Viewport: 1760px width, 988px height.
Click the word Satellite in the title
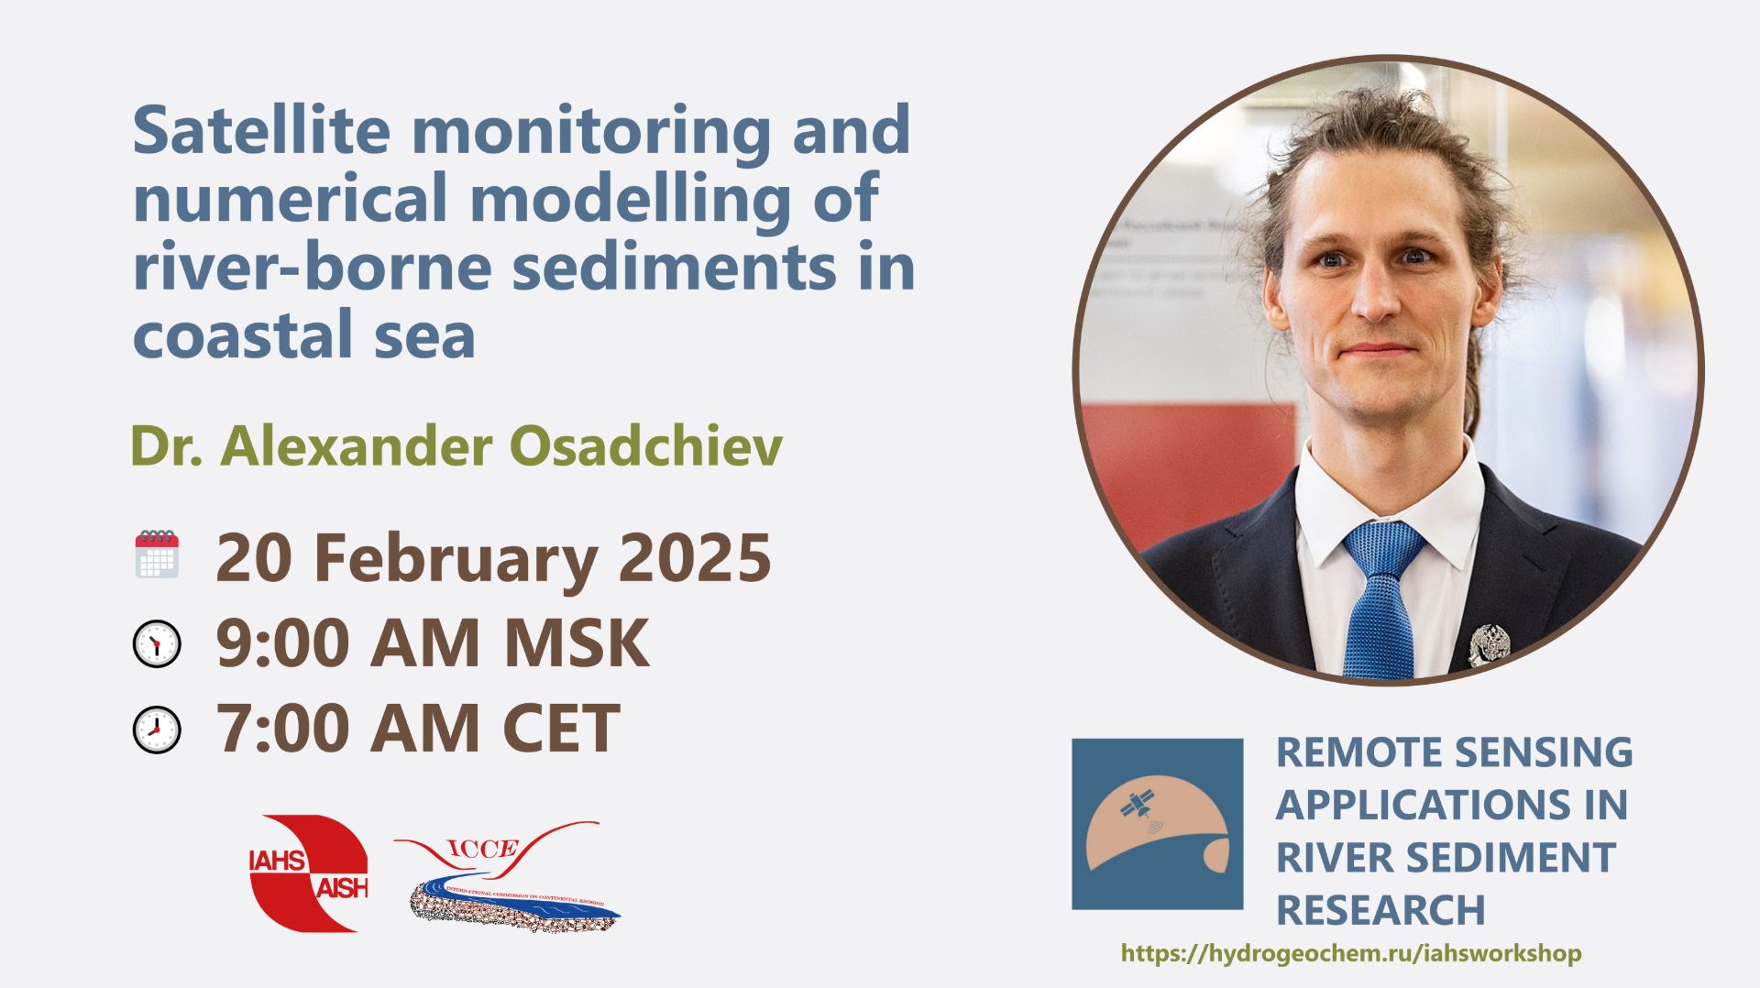[x=261, y=130]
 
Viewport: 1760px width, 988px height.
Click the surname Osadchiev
[x=645, y=446]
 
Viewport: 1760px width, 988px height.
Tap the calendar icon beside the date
[x=157, y=554]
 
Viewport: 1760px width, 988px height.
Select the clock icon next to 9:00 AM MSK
[x=157, y=644]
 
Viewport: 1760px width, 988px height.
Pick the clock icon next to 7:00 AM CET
[x=157, y=730]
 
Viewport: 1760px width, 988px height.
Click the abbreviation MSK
[x=577, y=643]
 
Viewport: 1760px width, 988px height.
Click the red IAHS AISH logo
[x=308, y=873]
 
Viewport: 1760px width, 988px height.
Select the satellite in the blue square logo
[x=1138, y=805]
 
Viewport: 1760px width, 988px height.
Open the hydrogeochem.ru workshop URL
[x=1350, y=953]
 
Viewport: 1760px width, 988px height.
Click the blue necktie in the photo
[x=1381, y=597]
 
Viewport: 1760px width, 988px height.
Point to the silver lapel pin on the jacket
[x=1487, y=642]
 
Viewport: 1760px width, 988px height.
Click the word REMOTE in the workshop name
[x=1334, y=752]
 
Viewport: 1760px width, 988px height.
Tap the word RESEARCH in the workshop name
[x=1380, y=910]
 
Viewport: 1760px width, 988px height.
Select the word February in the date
[x=455, y=557]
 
